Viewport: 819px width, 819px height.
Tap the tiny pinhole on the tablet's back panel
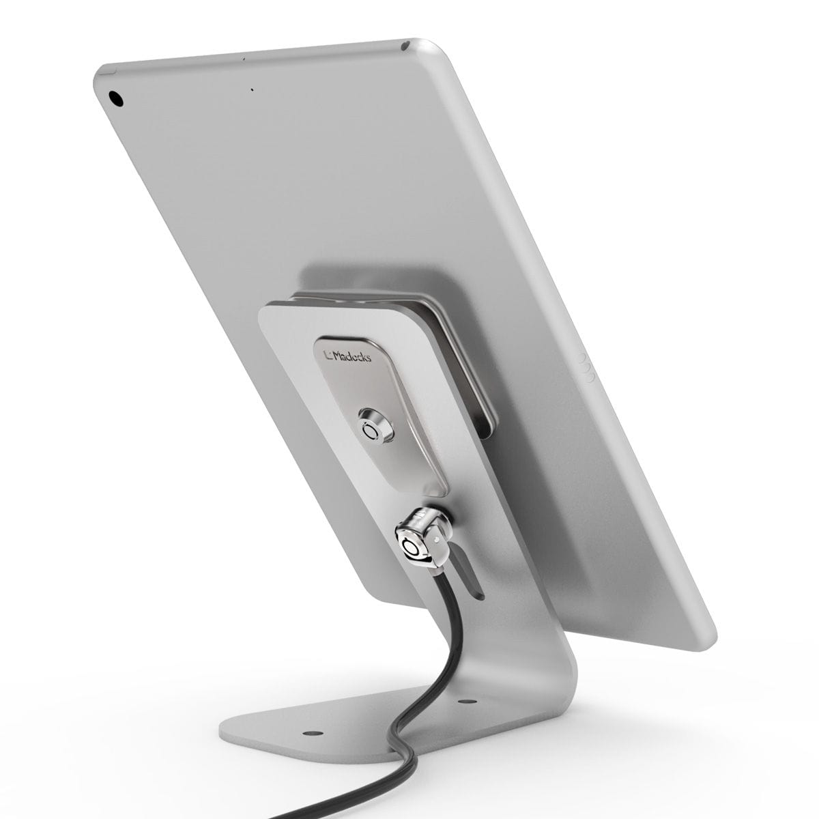[x=252, y=89]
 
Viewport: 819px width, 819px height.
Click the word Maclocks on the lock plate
[x=352, y=356]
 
